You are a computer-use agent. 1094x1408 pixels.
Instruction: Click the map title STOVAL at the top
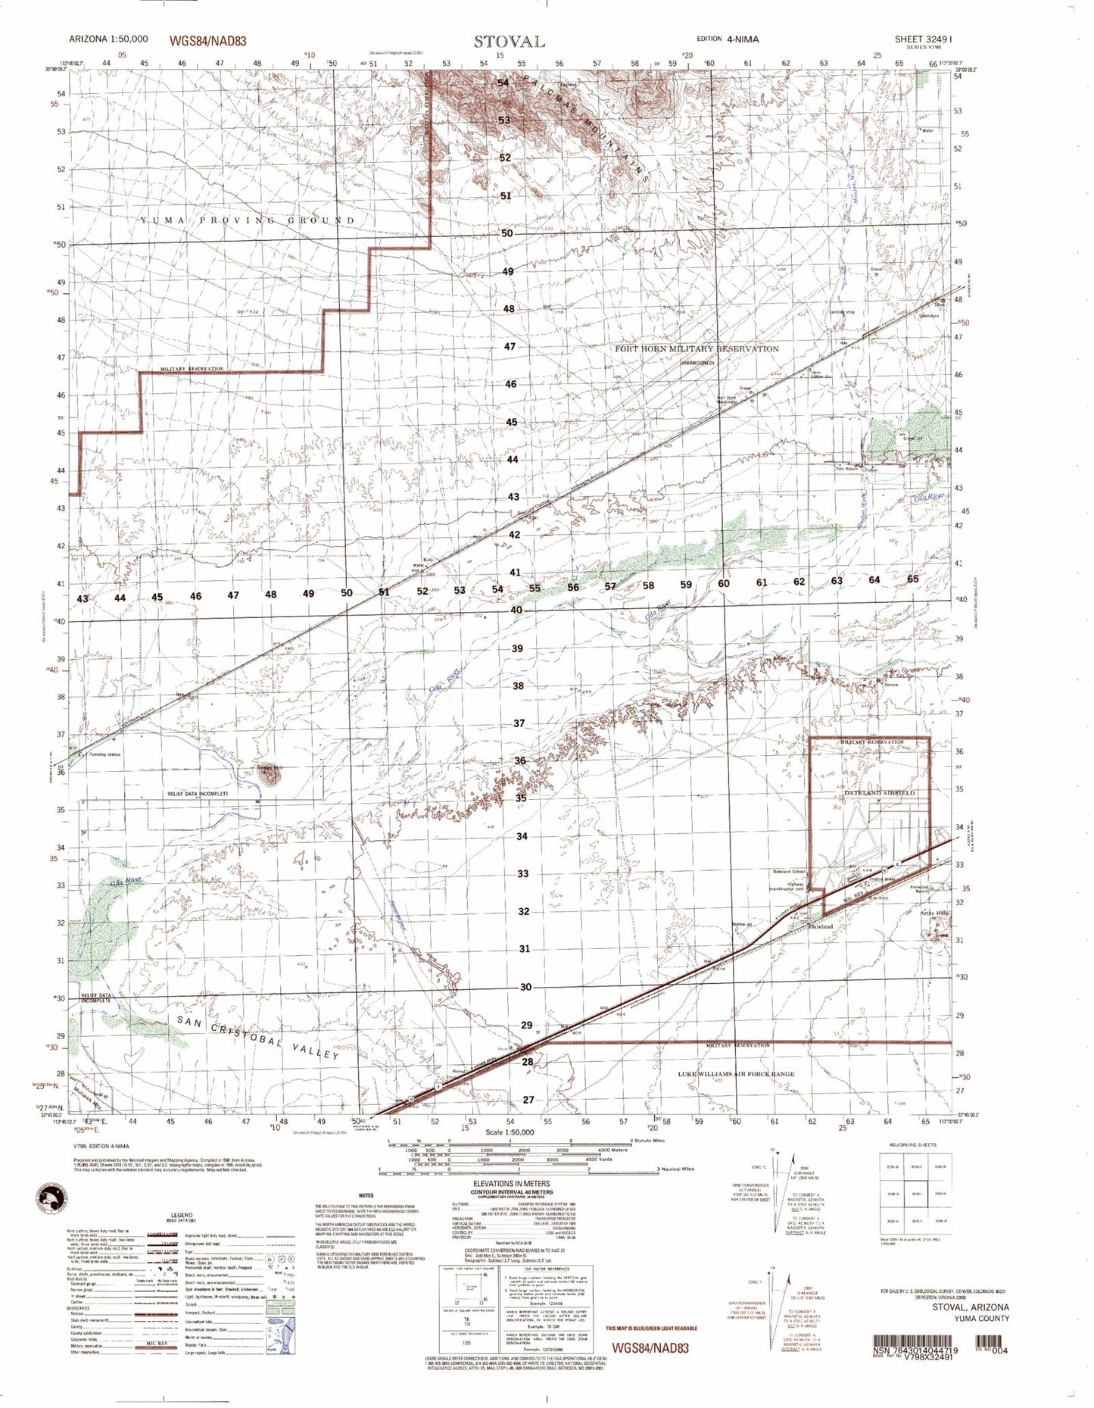[x=510, y=42]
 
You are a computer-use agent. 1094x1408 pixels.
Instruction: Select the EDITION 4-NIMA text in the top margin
[x=728, y=39]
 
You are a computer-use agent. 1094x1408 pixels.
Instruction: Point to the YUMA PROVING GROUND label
[x=247, y=220]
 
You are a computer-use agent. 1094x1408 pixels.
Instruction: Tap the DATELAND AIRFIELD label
[x=874, y=792]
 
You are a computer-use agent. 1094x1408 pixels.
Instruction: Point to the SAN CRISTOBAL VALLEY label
[x=258, y=1037]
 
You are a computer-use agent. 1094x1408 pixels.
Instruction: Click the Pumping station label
[x=105, y=754]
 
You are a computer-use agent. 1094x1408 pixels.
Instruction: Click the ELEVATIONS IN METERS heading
[x=511, y=1184]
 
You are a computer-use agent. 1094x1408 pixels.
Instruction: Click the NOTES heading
[x=366, y=1195]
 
